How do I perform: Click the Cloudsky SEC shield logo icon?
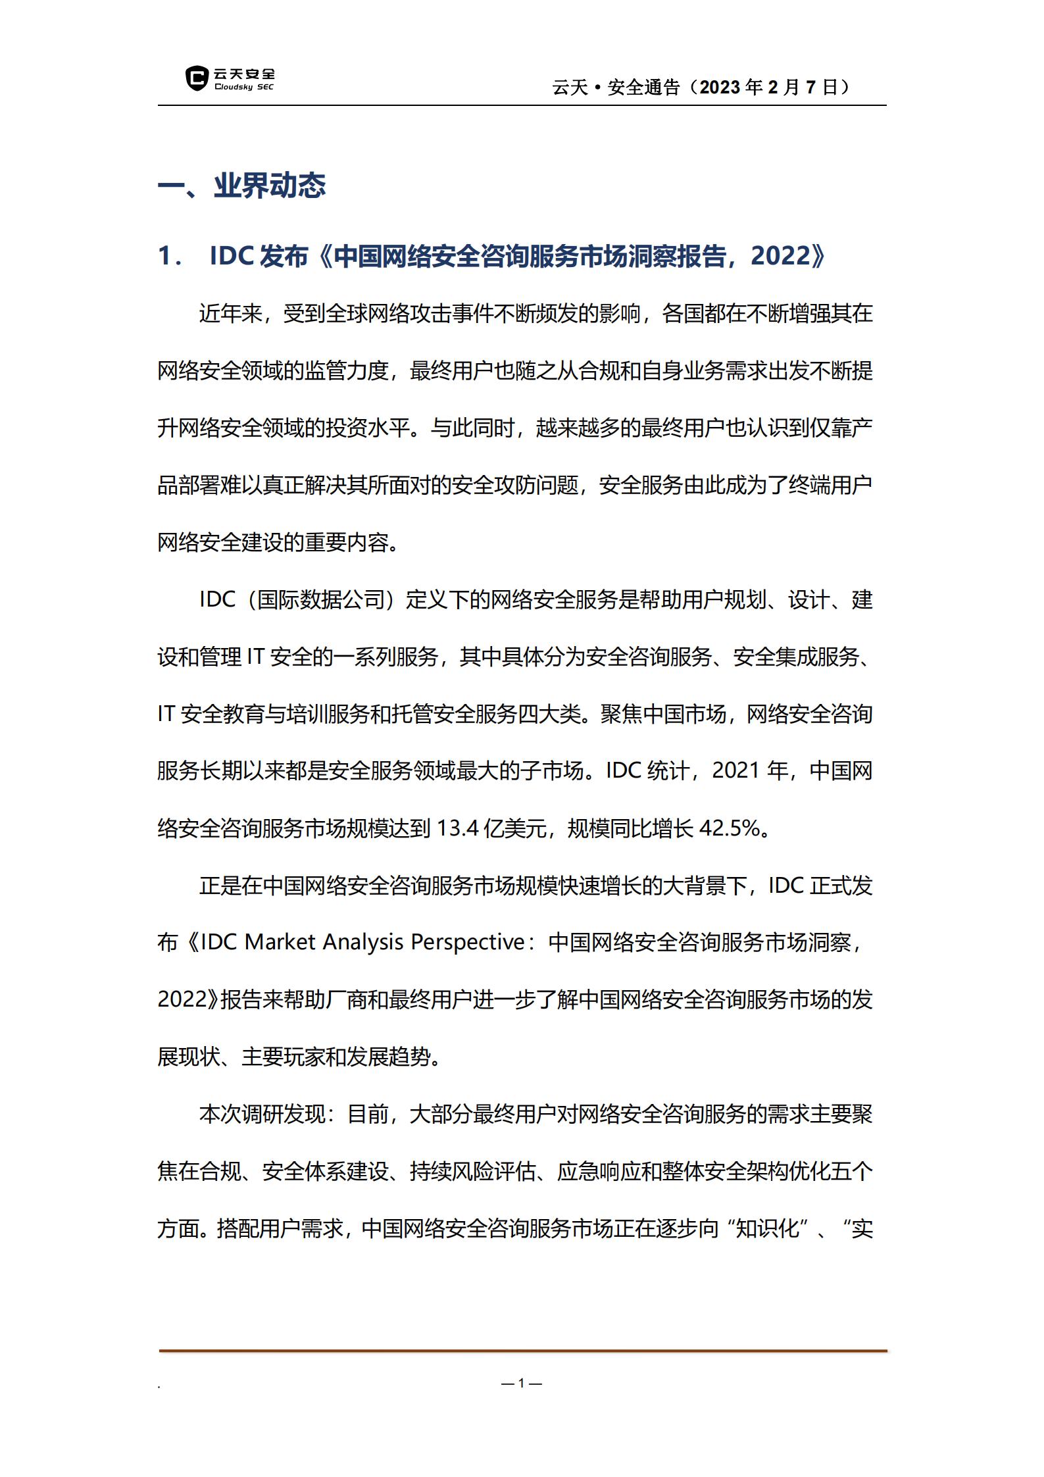click(x=196, y=78)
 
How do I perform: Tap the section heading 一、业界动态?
click(x=241, y=186)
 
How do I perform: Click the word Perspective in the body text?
click(x=467, y=942)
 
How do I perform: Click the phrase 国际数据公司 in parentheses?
click(x=321, y=599)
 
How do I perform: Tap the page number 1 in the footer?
click(x=521, y=1383)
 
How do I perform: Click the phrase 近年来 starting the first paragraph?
click(x=231, y=313)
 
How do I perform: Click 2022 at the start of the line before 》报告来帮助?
click(x=182, y=999)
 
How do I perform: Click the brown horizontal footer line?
click(x=522, y=1351)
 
